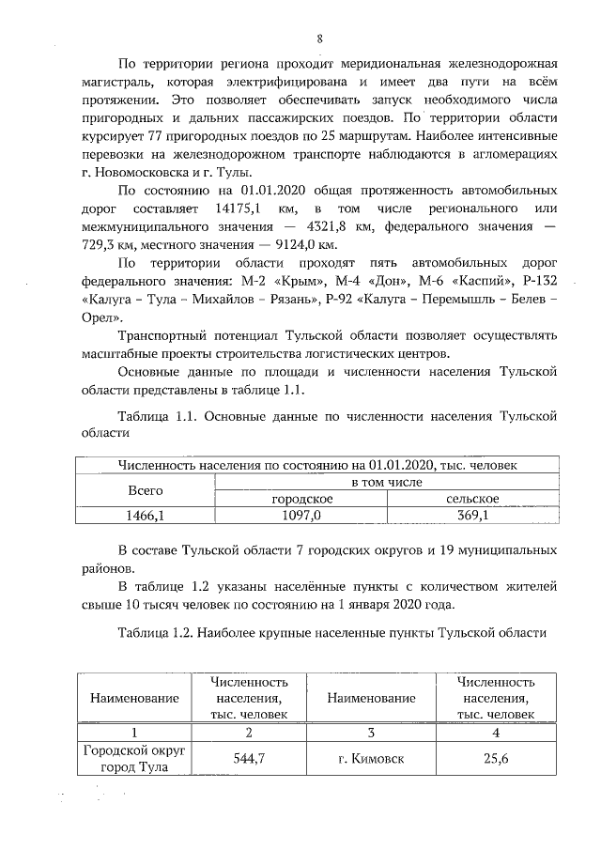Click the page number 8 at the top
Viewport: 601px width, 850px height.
[x=319, y=39]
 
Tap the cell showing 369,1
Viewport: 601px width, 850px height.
[x=472, y=516]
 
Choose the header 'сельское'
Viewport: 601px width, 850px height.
[x=472, y=499]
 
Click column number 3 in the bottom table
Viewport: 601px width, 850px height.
[x=371, y=732]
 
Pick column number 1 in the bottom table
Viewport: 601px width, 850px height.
[x=132, y=732]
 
